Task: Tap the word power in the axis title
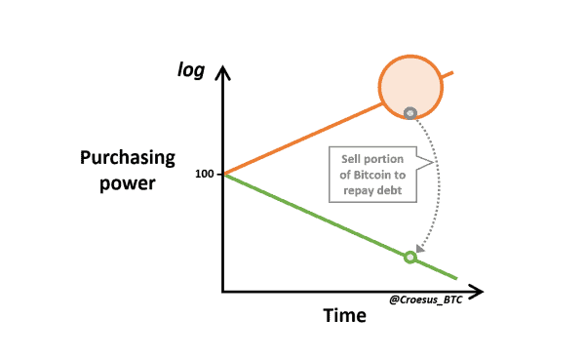tap(128, 182)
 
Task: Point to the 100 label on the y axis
tap(203, 174)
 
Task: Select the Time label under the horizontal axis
tap(344, 316)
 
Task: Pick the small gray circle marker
tap(410, 112)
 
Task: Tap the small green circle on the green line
tap(409, 258)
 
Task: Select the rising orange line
tap(302, 138)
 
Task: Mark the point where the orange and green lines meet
tap(224, 174)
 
